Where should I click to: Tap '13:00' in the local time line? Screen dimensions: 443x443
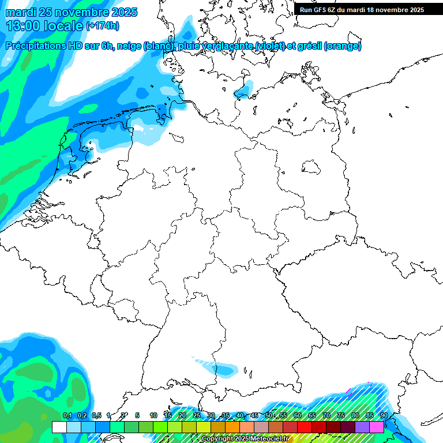coord(24,26)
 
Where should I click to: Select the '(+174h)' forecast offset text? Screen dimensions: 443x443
coord(103,26)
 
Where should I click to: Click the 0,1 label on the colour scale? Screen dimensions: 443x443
coord(67,416)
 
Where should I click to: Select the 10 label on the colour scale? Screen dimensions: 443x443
coord(153,416)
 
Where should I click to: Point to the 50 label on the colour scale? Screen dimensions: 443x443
coord(268,416)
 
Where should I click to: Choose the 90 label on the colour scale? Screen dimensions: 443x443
coord(384,416)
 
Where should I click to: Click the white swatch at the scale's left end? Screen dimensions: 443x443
coord(59,427)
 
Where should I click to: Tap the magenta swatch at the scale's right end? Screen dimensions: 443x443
coord(377,427)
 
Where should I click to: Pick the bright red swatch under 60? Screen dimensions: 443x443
coord(305,427)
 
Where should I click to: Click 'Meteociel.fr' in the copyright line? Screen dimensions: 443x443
coord(268,439)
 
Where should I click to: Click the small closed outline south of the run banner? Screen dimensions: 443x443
coord(311,167)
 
